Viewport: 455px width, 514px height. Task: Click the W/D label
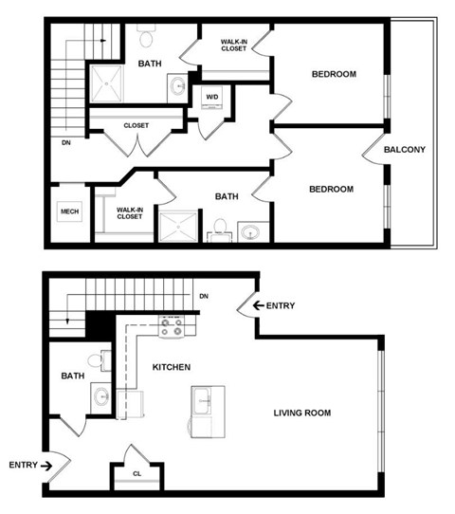(x=210, y=97)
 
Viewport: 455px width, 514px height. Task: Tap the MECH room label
(x=68, y=211)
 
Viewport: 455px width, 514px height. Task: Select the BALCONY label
(x=404, y=150)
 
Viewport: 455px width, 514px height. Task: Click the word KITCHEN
(x=172, y=366)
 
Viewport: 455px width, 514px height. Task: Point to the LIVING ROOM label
(x=302, y=413)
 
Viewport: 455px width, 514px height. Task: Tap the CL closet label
(x=136, y=473)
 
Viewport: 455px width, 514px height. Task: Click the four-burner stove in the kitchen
(x=172, y=328)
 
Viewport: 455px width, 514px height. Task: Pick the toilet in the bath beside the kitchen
(x=96, y=362)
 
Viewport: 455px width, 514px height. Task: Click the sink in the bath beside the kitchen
(x=100, y=396)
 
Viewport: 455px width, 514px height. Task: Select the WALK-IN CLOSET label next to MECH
(x=129, y=212)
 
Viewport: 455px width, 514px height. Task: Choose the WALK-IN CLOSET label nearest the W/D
(x=234, y=46)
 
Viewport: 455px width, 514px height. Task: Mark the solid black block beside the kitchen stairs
(x=100, y=325)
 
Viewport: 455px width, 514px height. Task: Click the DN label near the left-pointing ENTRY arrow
(x=203, y=297)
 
